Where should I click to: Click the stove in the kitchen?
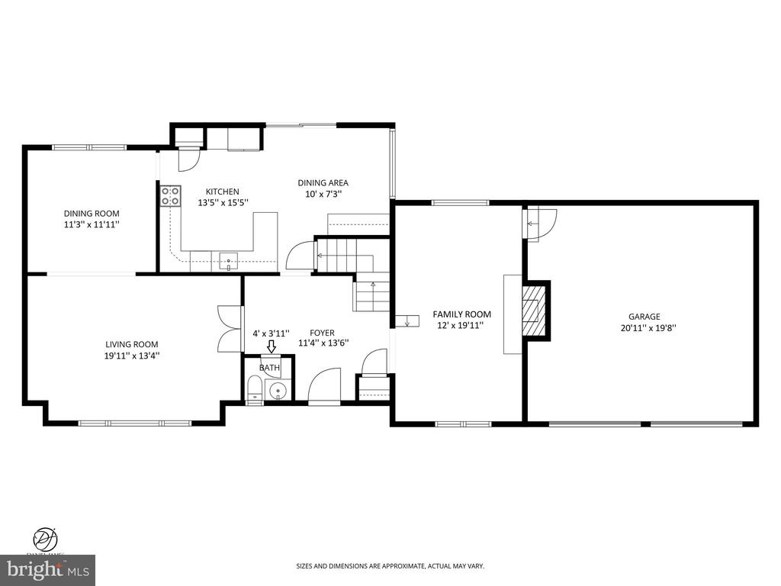(170, 196)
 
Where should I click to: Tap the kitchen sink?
(228, 262)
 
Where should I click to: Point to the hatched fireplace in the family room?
(532, 311)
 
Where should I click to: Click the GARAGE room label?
(644, 317)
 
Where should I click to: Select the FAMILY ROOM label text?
(461, 314)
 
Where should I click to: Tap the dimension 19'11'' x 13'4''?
(132, 356)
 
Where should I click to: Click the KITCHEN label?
(223, 192)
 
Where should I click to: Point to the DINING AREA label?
(323, 183)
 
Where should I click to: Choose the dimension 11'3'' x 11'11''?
(92, 225)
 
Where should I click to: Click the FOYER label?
(322, 333)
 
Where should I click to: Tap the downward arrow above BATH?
(271, 347)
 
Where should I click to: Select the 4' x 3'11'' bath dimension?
(271, 333)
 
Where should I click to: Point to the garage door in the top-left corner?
(541, 222)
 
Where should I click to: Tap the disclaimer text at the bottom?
(390, 566)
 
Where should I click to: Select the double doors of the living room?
(228, 329)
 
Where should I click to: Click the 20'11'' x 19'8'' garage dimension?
(644, 328)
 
